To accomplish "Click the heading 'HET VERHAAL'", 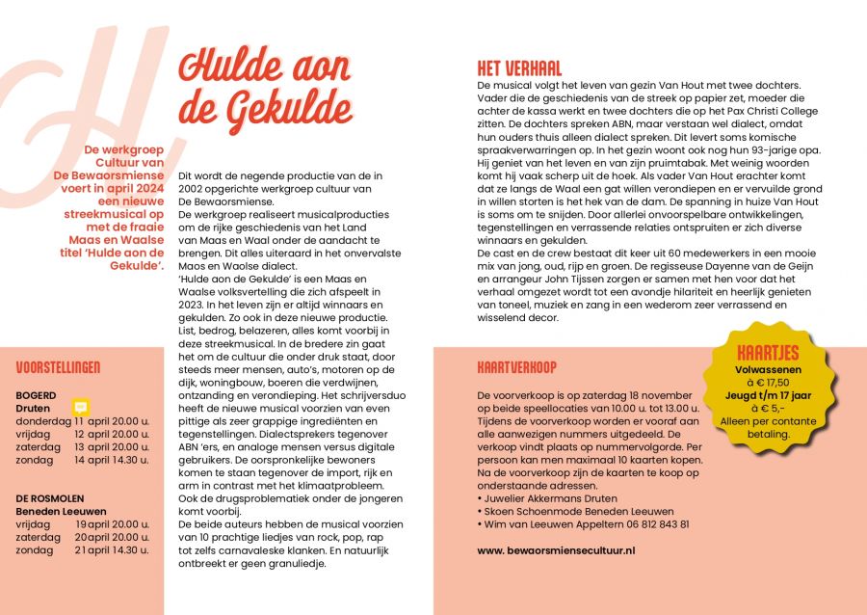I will (519, 69).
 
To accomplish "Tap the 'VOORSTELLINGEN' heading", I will (58, 367).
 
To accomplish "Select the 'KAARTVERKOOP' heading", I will (516, 367).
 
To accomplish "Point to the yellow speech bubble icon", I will (81, 407).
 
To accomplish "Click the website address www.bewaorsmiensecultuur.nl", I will (557, 549).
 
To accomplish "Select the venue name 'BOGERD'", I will (36, 395).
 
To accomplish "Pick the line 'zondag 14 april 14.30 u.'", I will (83, 460).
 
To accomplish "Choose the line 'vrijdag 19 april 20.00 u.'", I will (83, 523).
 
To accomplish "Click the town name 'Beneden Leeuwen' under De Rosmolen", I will (61, 511).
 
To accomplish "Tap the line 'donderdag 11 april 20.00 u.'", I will (83, 421).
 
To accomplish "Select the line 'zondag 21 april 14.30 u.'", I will (83, 549).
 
